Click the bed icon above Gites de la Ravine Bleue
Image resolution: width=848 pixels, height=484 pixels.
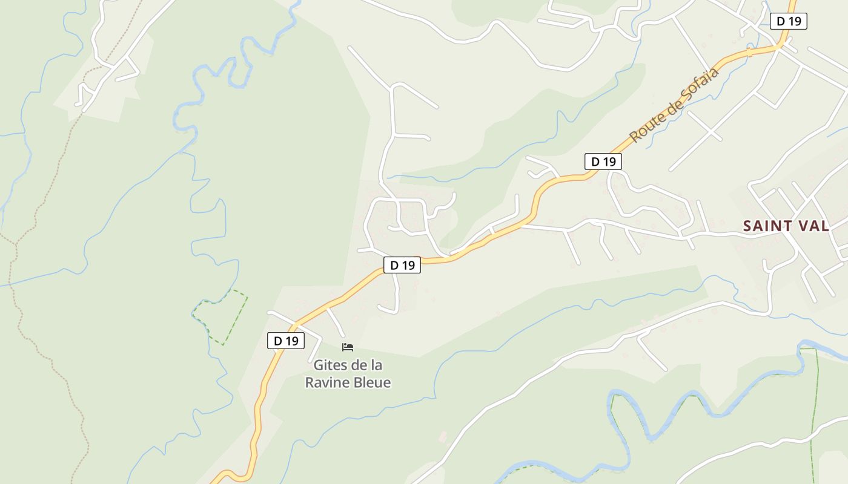(348, 347)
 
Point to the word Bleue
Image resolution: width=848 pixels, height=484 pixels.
(371, 382)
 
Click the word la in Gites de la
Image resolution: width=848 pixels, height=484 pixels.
(376, 365)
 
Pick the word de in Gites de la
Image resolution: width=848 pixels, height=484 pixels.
(357, 365)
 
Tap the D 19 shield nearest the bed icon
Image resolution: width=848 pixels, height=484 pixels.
(286, 341)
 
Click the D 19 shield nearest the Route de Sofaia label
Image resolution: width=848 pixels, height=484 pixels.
(603, 162)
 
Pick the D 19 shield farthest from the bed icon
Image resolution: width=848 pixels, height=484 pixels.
(789, 21)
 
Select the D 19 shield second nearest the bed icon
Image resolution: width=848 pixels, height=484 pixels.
(402, 265)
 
